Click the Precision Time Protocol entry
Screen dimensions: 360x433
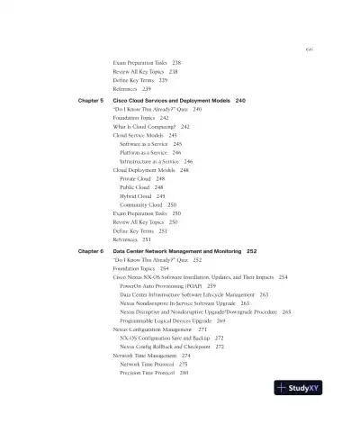tap(149, 372)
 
